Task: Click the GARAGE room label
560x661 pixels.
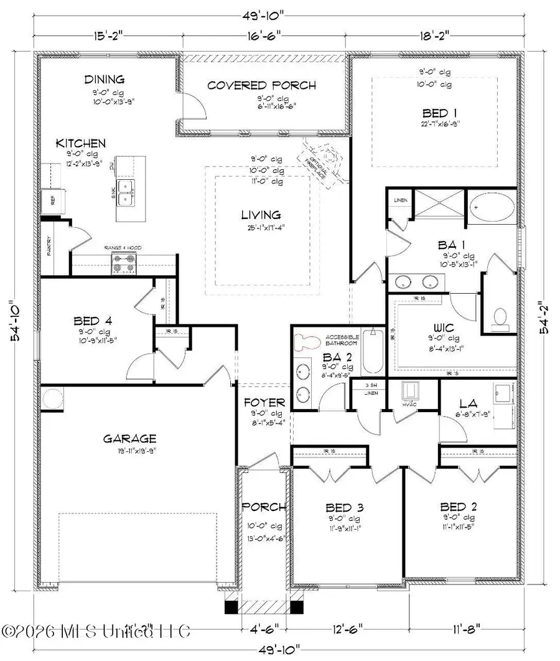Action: [130, 438]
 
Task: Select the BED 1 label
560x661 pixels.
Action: [435, 113]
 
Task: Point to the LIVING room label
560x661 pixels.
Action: [261, 215]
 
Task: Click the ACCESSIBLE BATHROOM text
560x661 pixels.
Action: [341, 341]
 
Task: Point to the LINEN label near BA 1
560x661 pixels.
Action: [399, 200]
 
